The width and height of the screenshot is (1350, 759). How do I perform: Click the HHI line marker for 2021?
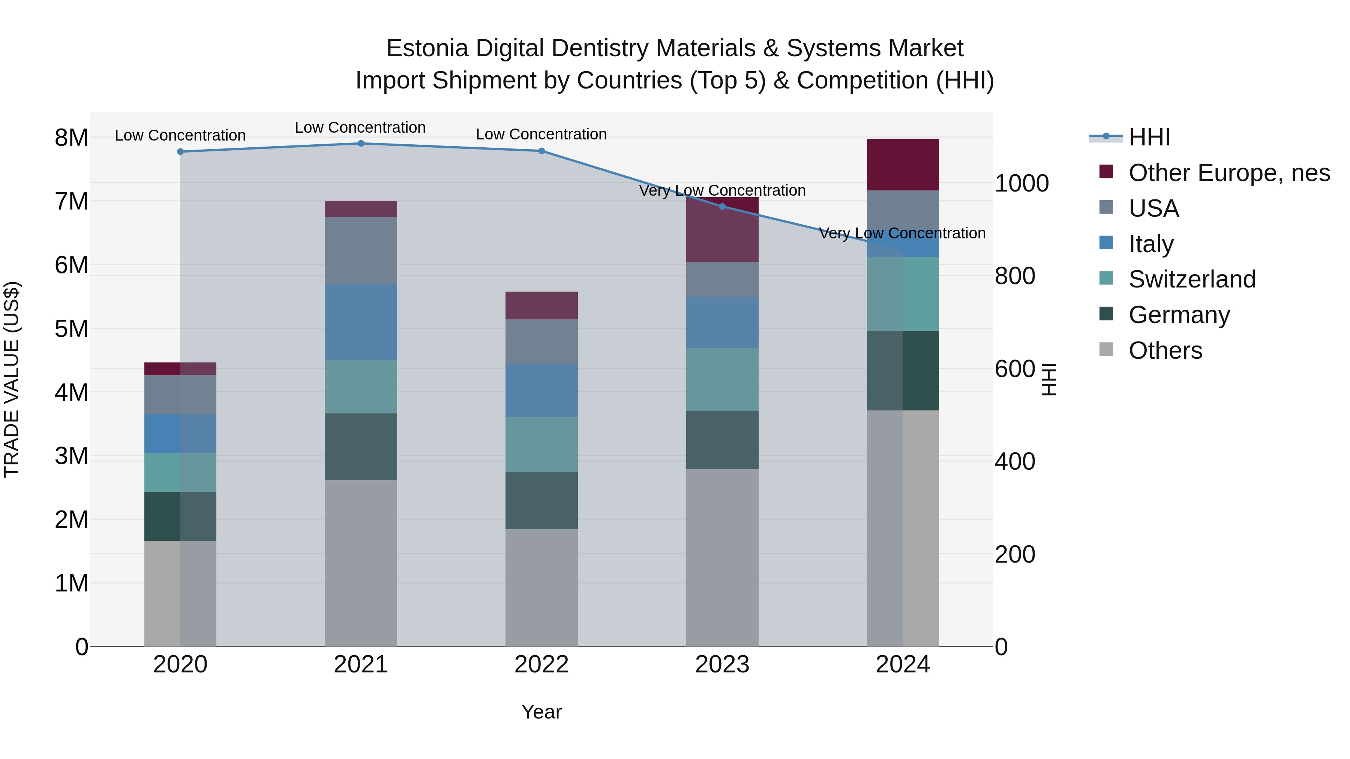click(360, 143)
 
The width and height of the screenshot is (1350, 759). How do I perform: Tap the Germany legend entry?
click(1179, 315)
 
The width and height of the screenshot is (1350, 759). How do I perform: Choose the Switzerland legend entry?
click(1192, 279)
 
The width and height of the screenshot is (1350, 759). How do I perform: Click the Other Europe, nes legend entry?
click(1228, 173)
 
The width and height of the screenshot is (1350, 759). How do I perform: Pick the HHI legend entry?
click(1149, 137)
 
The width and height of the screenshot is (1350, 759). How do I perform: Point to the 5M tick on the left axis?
click(71, 329)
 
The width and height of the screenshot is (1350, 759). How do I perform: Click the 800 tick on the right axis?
click(1015, 276)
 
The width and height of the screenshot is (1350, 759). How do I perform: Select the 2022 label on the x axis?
click(541, 665)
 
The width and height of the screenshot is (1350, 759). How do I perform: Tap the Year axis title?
click(541, 712)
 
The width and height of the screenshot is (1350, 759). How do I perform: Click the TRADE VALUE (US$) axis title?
click(12, 379)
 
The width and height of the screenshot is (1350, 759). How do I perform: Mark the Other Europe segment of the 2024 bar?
click(903, 165)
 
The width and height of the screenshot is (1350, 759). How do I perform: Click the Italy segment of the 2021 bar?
click(360, 322)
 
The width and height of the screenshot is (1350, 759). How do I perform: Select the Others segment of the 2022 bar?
click(541, 587)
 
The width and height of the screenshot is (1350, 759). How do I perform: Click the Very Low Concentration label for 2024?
click(902, 233)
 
